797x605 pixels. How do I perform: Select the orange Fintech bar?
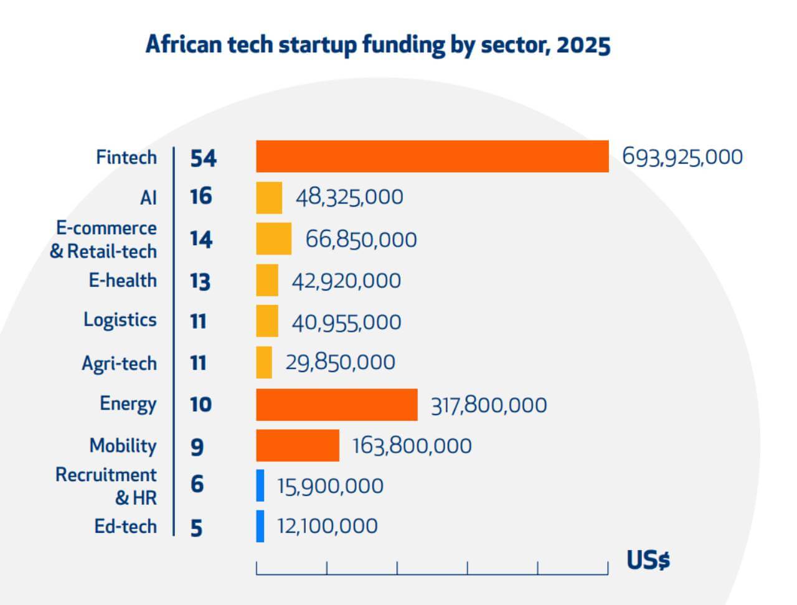click(x=432, y=156)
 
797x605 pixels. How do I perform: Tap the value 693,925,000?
click(x=682, y=157)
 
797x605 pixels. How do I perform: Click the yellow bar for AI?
click(x=269, y=197)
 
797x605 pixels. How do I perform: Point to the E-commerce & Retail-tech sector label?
click(x=103, y=240)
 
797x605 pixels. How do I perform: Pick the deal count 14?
click(x=201, y=240)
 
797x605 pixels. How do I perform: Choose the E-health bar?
click(x=267, y=280)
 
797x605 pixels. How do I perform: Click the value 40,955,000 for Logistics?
click(x=347, y=322)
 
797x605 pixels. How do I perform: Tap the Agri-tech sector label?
click(x=119, y=363)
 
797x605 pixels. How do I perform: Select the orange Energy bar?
click(x=337, y=405)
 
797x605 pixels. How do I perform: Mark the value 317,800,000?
click(x=489, y=405)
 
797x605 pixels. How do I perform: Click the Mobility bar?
click(x=298, y=446)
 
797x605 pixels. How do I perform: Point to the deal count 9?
click(x=197, y=446)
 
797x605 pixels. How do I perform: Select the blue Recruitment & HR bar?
click(x=260, y=485)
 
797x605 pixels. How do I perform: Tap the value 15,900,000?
click(x=330, y=486)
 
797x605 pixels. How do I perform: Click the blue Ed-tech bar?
click(x=260, y=527)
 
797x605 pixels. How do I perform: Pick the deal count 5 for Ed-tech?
click(x=197, y=528)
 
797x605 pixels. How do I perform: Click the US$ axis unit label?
click(x=648, y=560)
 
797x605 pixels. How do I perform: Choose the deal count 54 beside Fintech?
click(x=203, y=158)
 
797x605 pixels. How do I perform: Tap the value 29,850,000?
click(x=340, y=362)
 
